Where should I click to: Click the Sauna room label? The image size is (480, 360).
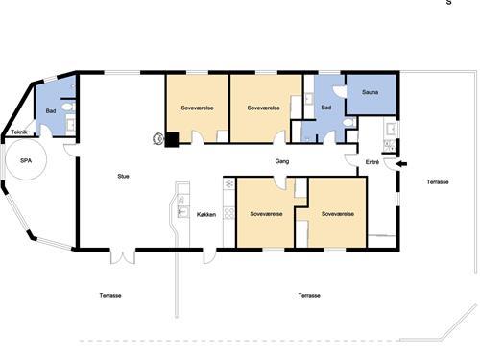point(370,92)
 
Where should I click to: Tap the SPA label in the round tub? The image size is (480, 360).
point(26,160)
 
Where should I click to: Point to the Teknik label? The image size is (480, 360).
point(19,132)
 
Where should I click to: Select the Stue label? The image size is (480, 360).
point(123,176)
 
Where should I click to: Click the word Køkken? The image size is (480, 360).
point(206,214)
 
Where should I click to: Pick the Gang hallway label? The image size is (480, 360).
point(282,161)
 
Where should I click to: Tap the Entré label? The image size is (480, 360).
point(372,162)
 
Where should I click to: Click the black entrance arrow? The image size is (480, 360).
point(401,164)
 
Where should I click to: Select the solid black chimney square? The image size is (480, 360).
point(172,139)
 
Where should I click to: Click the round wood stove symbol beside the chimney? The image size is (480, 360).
point(157,138)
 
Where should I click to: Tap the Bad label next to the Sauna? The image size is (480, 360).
point(326,108)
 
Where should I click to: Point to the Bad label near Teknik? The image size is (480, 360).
point(51,111)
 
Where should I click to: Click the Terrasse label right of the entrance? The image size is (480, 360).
point(438,181)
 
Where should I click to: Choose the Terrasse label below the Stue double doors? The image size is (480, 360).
point(110,295)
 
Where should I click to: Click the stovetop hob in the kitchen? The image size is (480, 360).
point(229,213)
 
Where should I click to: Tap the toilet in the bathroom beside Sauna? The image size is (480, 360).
point(348,122)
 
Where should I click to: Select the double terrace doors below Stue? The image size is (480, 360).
point(123,257)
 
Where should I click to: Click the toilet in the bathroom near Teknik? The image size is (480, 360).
point(68,107)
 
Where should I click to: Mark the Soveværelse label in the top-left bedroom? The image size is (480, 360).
point(197,108)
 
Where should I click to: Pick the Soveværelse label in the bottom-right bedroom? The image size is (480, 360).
point(338,214)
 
